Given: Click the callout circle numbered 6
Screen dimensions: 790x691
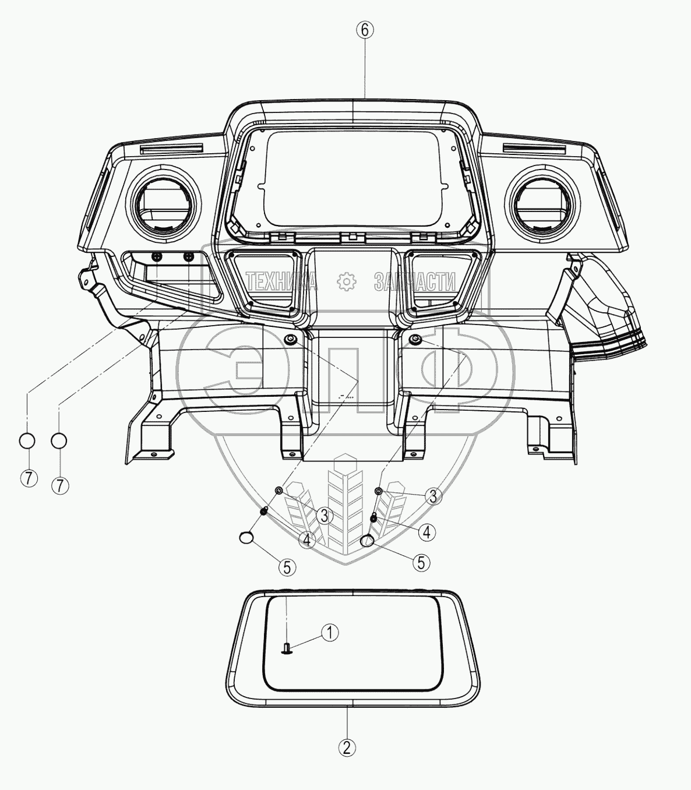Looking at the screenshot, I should [x=364, y=30].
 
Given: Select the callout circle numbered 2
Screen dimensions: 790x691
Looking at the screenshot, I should [x=347, y=747].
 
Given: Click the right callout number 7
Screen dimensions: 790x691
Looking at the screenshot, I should [x=60, y=485].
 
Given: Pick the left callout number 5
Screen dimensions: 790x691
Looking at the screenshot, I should [x=287, y=567].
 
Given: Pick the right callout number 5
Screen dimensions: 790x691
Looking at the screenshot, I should [x=421, y=562].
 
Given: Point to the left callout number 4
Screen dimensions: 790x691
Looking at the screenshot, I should [x=308, y=540].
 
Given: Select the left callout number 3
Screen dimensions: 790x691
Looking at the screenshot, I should [x=325, y=514].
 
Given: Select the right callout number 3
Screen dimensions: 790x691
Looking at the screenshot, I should [x=433, y=496].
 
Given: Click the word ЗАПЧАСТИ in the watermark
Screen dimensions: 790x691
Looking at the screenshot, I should [x=415, y=282].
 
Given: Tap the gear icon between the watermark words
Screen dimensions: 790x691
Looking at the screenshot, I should [x=347, y=281].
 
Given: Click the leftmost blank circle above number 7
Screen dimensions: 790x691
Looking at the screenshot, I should [x=29, y=440].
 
